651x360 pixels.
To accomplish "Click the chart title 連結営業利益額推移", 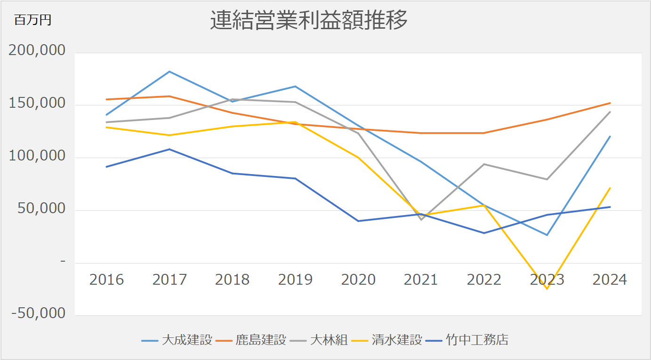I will (x=308, y=21).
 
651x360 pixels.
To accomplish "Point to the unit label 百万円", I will (x=32, y=20).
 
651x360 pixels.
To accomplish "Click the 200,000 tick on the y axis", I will (x=37, y=50).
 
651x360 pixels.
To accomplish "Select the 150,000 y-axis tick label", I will (x=37, y=104).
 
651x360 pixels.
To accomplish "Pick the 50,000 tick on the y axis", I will (x=41, y=208).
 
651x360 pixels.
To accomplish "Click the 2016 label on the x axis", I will (x=106, y=280).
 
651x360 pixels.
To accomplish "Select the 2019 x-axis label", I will (x=295, y=280).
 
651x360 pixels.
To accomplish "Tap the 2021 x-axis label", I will (x=421, y=280).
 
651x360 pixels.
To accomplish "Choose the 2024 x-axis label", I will (x=610, y=280).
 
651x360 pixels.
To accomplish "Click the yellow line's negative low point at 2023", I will (x=547, y=289).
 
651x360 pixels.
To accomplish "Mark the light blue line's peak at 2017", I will (x=169, y=72).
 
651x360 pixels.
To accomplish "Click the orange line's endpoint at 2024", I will (x=610, y=103).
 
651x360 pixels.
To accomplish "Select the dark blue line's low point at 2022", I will (x=484, y=233).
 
